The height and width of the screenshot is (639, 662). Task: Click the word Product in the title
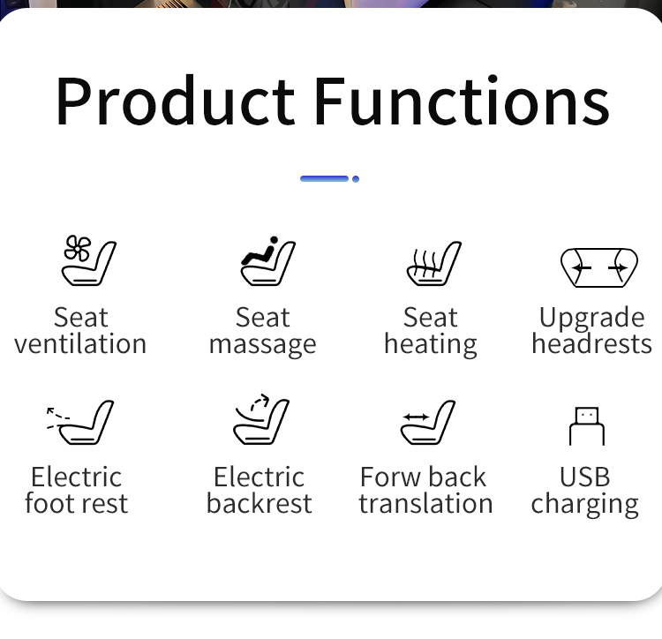click(x=176, y=101)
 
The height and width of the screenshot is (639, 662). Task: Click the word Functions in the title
click(x=462, y=101)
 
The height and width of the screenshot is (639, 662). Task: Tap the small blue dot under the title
click(x=356, y=179)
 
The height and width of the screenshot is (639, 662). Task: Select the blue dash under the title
click(x=324, y=179)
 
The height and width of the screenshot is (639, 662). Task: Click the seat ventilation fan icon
click(x=89, y=260)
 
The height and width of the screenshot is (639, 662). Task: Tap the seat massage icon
click(x=268, y=261)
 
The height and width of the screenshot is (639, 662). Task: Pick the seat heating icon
click(x=434, y=263)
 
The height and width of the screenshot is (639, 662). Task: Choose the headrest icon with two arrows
click(x=599, y=267)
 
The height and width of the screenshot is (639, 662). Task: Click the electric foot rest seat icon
click(x=80, y=422)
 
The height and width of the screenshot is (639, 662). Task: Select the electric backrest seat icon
click(x=261, y=419)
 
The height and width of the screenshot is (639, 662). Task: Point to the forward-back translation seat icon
click(x=428, y=422)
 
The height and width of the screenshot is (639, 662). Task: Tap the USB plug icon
click(x=587, y=426)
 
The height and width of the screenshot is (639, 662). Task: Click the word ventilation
click(x=80, y=343)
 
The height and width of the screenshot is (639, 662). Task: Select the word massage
click(x=263, y=345)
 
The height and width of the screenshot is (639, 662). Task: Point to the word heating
click(x=431, y=345)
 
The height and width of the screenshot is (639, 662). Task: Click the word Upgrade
click(x=592, y=319)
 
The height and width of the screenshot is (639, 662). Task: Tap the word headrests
click(x=592, y=343)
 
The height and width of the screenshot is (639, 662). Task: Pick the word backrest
click(x=260, y=503)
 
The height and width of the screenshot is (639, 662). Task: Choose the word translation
click(x=426, y=503)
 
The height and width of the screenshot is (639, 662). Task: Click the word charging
click(x=584, y=505)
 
